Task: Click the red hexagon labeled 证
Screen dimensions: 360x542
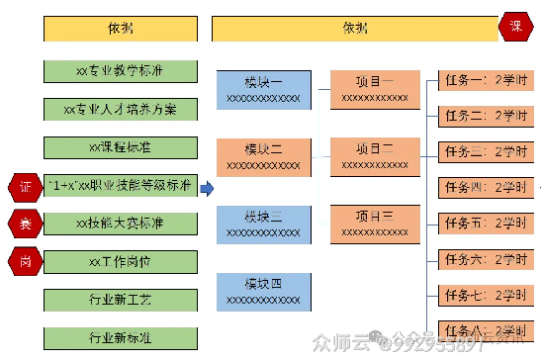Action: pos(24,186)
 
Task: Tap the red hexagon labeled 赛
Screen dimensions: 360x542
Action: pos(24,223)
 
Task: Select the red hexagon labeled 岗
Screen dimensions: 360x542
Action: pos(24,260)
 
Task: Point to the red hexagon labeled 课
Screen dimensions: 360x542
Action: pos(516,27)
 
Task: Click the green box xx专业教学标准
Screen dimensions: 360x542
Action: pos(120,71)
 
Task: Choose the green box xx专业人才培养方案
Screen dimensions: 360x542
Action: pos(120,109)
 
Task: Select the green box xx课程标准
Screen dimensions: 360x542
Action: pos(120,147)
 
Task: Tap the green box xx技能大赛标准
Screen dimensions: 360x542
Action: pos(120,224)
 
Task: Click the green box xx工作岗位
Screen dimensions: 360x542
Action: pos(120,261)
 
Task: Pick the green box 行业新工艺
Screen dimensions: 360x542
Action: pos(120,299)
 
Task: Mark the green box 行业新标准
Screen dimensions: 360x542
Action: pos(120,336)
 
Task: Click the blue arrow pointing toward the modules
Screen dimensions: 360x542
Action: pos(206,186)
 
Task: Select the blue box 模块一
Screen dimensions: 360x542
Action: pos(263,89)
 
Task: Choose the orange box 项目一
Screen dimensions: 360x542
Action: pos(374,88)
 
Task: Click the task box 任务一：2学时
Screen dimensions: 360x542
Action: pos(481,81)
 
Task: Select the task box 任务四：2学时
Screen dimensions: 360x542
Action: pos(481,187)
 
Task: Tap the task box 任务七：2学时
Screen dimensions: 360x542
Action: pos(481,295)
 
